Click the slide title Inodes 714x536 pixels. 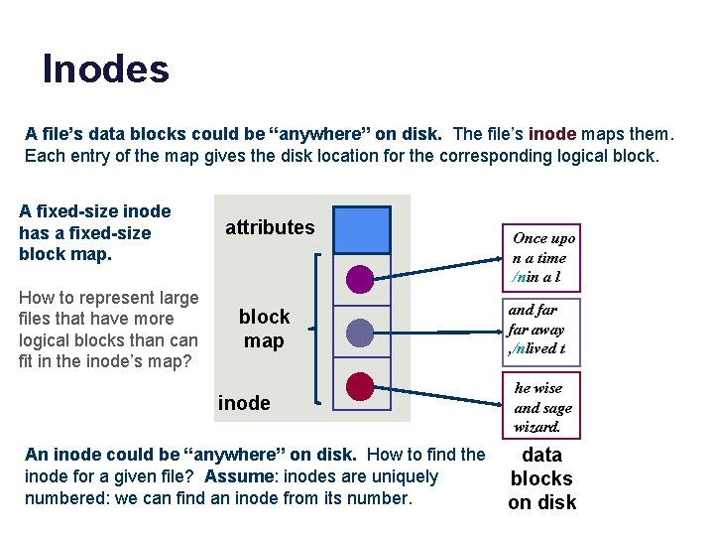point(105,69)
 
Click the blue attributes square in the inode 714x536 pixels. point(362,229)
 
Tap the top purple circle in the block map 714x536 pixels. point(361,278)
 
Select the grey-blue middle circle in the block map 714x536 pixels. point(361,332)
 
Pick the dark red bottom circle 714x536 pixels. point(361,385)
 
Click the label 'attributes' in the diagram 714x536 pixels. point(270,227)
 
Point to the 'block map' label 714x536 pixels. point(264,329)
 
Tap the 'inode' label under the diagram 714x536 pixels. point(244,402)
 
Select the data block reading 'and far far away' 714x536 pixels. point(537,330)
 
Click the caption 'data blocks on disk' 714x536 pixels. point(541,478)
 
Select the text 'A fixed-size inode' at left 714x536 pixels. point(95,211)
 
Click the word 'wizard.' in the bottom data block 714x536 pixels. point(537,427)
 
